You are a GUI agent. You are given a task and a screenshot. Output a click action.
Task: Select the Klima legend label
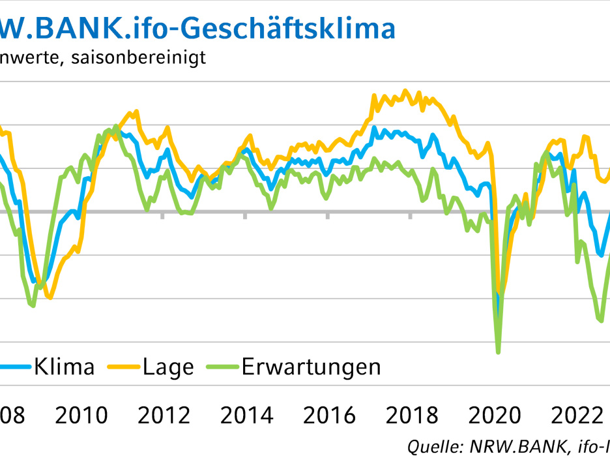click(64, 367)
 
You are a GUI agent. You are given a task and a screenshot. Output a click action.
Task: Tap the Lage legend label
click(169, 367)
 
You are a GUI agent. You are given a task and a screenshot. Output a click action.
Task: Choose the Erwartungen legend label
click(311, 367)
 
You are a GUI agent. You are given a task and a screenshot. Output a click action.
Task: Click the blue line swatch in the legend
click(14, 367)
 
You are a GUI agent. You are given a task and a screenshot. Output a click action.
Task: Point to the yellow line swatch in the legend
click(124, 367)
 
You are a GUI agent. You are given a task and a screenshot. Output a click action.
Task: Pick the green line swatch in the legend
click(222, 367)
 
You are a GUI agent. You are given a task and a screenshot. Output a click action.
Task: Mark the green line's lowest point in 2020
click(499, 352)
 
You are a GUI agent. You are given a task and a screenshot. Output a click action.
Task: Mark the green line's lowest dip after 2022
click(600, 320)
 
